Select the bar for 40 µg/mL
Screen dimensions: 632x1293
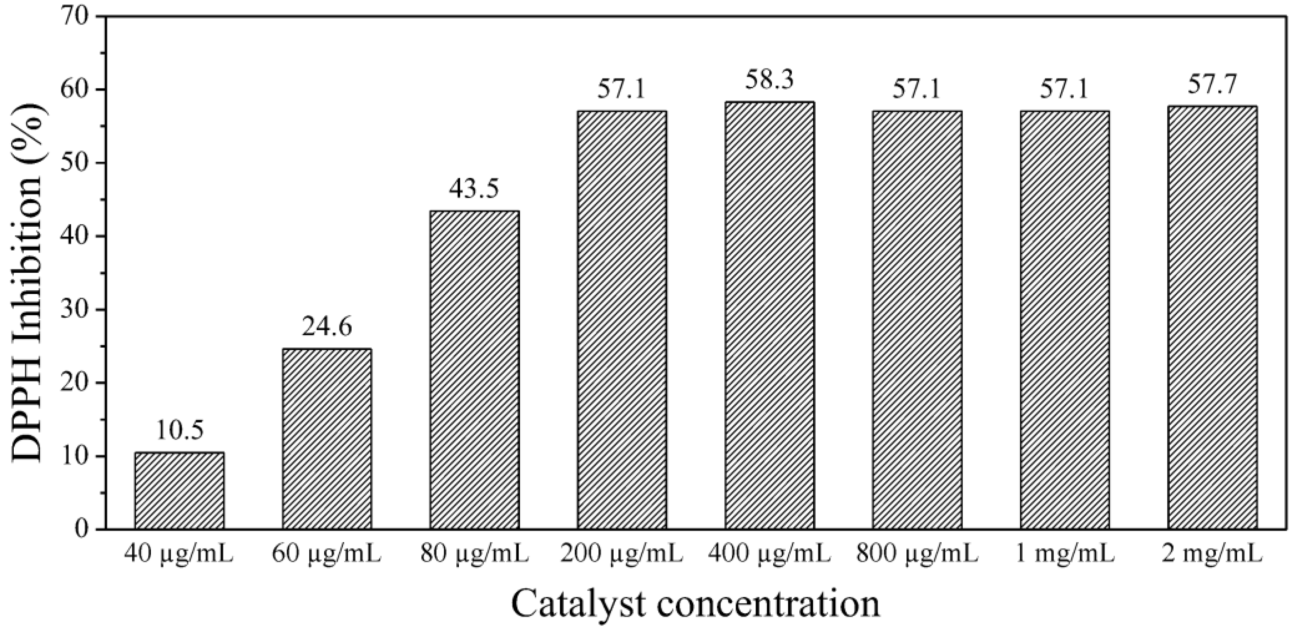(x=179, y=490)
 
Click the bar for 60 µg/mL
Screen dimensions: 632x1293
(x=327, y=438)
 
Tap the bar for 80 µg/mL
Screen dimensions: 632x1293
(x=474, y=370)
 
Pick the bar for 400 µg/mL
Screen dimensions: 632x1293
(x=769, y=315)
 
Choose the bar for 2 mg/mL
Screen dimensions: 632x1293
(x=1212, y=317)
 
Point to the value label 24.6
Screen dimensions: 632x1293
(x=327, y=327)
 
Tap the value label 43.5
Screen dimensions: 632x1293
(x=474, y=190)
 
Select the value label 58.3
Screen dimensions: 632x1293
(x=769, y=80)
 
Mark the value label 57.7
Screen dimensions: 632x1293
(x=1212, y=85)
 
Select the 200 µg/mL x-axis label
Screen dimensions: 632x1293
(x=622, y=556)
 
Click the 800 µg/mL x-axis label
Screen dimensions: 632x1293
(x=917, y=556)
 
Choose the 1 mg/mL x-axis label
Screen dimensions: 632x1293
(x=1065, y=556)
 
